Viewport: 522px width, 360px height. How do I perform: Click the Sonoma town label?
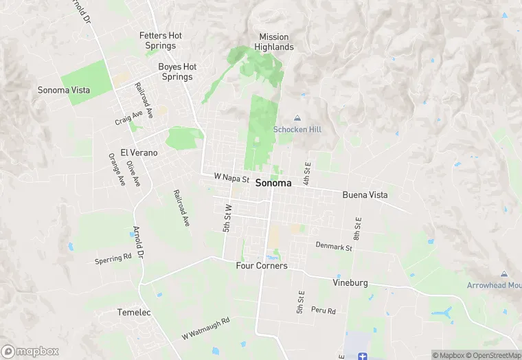click(273, 183)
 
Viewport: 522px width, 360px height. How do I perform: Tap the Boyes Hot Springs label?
click(177, 71)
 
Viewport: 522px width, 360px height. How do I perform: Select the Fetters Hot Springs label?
click(161, 41)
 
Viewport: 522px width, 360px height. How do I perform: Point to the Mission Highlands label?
click(274, 42)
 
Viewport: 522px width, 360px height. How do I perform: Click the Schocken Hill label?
click(297, 129)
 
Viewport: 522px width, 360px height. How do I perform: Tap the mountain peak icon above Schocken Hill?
click(297, 118)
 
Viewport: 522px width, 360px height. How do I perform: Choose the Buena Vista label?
click(365, 195)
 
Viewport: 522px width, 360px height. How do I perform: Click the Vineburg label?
click(350, 282)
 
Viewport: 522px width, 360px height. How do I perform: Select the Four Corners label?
click(262, 266)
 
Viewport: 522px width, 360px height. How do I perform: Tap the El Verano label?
click(139, 153)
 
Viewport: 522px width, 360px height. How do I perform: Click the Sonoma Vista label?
click(63, 91)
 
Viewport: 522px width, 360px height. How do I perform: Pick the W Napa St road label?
click(231, 177)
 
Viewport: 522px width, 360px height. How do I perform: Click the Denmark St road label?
click(334, 246)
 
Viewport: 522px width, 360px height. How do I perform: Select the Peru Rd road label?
click(323, 311)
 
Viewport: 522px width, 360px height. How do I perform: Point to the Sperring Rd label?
click(113, 259)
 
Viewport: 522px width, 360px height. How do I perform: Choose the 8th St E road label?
click(358, 227)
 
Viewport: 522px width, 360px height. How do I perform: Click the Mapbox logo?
click(30, 351)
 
